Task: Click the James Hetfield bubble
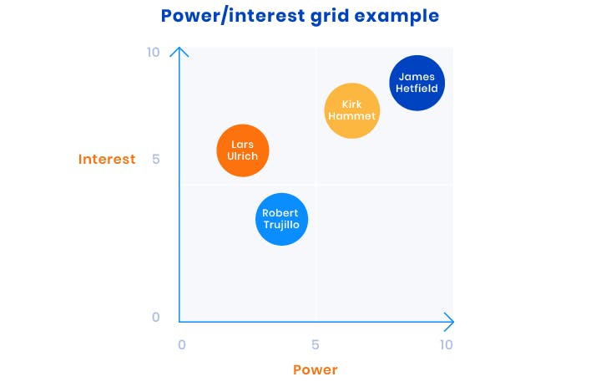point(417,83)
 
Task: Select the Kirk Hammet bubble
point(352,110)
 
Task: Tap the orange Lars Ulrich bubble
point(243,150)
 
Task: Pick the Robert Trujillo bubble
point(282,219)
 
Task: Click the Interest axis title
point(107,159)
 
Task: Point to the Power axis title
point(315,369)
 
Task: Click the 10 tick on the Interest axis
point(153,52)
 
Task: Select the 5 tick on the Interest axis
point(155,159)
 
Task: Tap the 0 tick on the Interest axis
point(155,317)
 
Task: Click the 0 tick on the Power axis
point(182,344)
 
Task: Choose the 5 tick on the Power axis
point(315,344)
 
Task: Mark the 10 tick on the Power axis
point(446,344)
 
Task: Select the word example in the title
point(396,17)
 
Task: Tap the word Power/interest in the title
point(233,16)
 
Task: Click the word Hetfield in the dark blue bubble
point(417,89)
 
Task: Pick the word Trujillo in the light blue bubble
point(281,225)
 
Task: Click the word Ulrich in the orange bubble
point(242,155)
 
